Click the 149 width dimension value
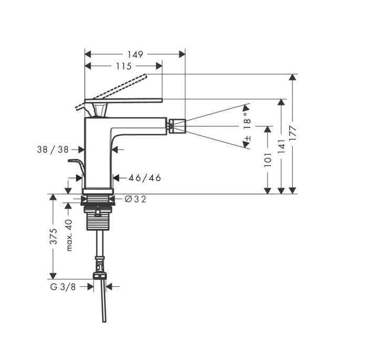(x=136, y=54)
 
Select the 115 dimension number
(x=124, y=66)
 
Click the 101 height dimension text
(x=268, y=159)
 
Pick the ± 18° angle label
(x=247, y=125)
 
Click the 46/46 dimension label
(x=145, y=178)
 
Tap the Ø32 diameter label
(x=135, y=199)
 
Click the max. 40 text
(x=69, y=235)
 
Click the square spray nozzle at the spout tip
(x=177, y=126)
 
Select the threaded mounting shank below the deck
(x=98, y=223)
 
